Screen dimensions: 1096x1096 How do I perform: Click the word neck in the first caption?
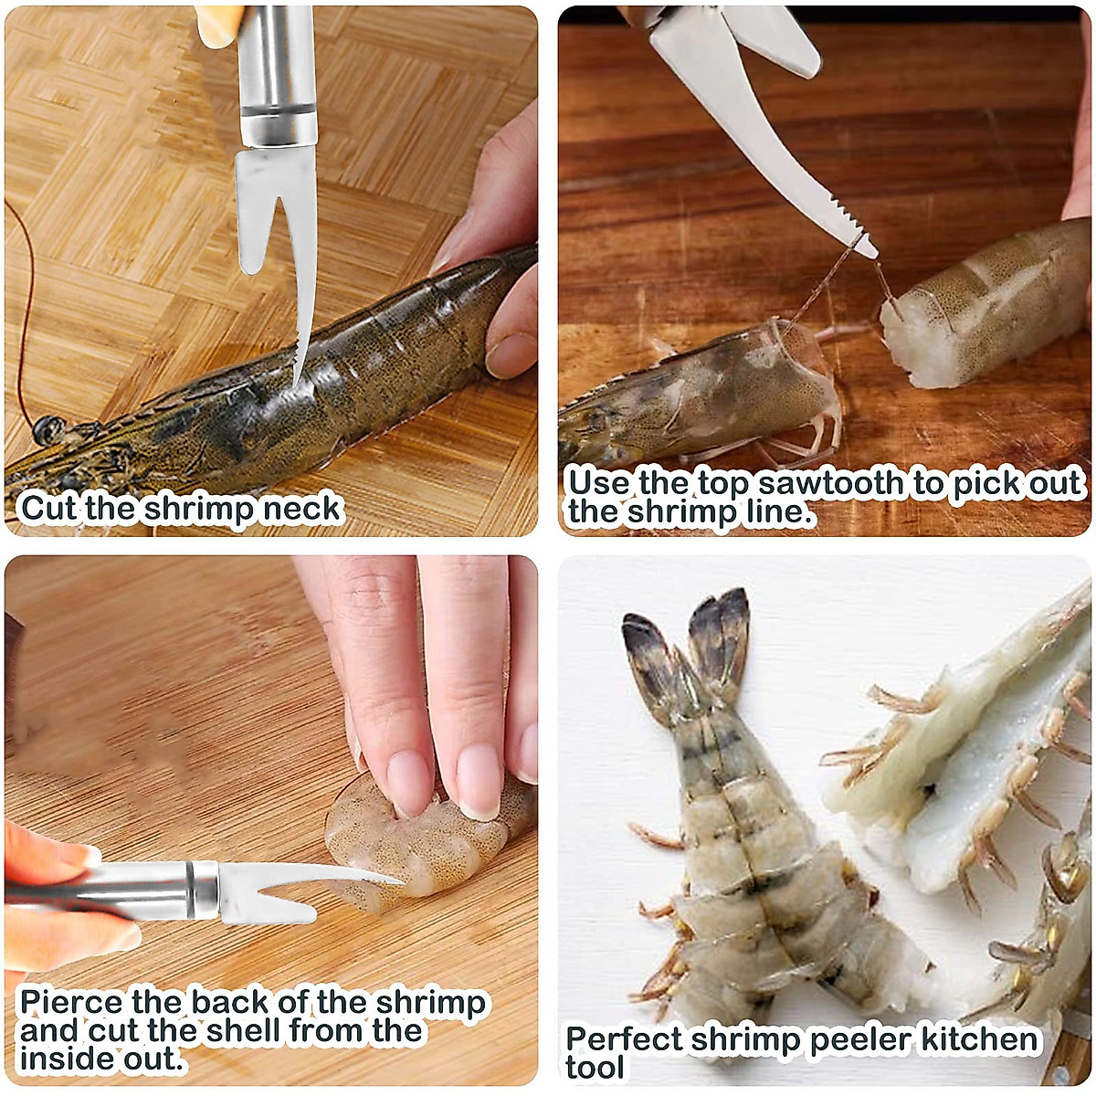click(302, 508)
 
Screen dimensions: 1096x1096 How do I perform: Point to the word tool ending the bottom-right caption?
click(595, 1067)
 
